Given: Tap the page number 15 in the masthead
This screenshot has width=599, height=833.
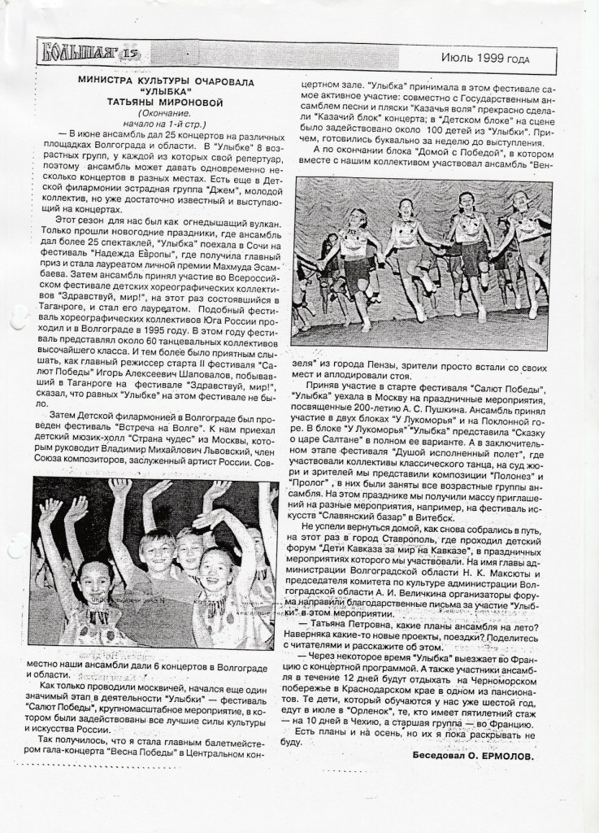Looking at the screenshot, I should click(x=133, y=55).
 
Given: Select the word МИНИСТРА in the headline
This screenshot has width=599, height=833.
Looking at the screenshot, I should click(x=107, y=82).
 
